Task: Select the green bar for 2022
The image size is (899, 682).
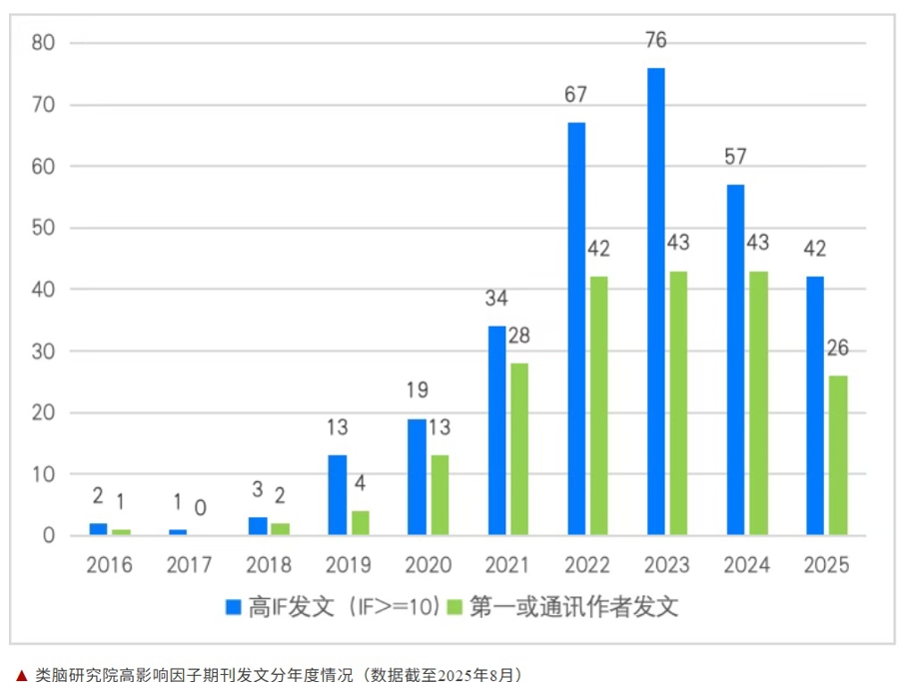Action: tap(598, 405)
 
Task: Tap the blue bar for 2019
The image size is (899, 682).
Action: tap(338, 495)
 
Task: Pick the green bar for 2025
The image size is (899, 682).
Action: tap(837, 455)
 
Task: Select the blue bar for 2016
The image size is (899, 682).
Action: tap(98, 529)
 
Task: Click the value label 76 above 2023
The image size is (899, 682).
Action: tap(655, 41)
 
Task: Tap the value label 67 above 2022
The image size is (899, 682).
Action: tap(575, 95)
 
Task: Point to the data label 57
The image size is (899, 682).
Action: tap(734, 157)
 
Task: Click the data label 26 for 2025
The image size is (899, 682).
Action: tap(837, 348)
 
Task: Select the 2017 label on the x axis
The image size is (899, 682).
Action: tap(189, 565)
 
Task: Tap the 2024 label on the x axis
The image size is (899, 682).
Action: tap(747, 565)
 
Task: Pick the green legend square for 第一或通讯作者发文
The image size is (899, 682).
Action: tap(455, 606)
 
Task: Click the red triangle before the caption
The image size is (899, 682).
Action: tap(21, 675)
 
